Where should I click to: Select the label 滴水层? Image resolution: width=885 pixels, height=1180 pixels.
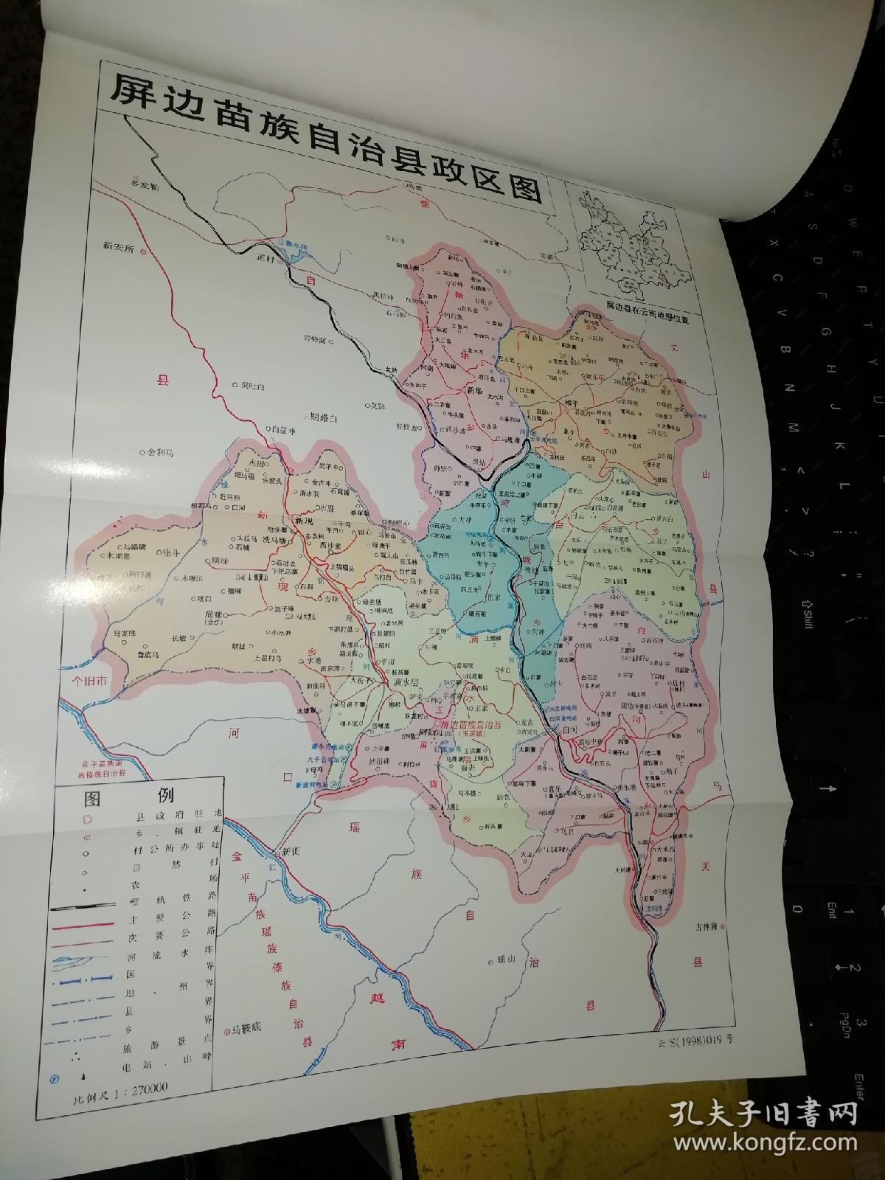[x=403, y=682]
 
